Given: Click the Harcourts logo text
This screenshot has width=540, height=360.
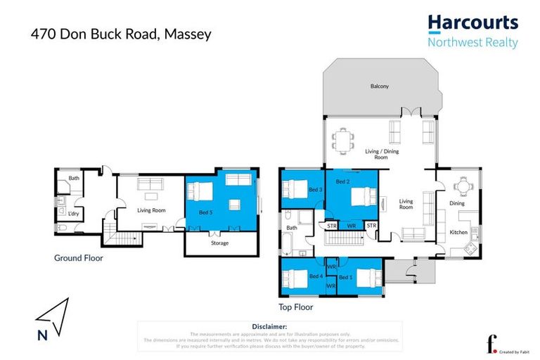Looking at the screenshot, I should point(472,23).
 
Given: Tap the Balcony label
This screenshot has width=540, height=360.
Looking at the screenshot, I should point(380,86).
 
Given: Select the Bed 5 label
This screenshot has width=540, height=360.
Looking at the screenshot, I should point(205,212).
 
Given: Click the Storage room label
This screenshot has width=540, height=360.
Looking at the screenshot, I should point(220,243).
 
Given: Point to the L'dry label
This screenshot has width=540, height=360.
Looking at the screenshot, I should point(72,212).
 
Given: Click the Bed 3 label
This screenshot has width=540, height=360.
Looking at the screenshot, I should point(316,190).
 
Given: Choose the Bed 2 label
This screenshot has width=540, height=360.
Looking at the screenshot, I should point(342,182).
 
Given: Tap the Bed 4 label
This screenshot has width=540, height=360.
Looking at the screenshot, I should point(316,276).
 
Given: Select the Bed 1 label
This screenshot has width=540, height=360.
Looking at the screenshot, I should point(345,277).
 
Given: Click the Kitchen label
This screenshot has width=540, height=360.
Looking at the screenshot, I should point(458,231).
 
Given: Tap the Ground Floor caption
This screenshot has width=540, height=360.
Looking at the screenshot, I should point(79,258).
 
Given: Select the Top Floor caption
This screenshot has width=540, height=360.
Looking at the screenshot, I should point(296,307).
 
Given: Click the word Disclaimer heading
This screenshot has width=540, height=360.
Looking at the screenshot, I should point(269,327).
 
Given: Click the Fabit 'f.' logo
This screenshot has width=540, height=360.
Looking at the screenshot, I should point(491,344).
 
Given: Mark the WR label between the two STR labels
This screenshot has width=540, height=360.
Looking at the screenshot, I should point(352,226).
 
